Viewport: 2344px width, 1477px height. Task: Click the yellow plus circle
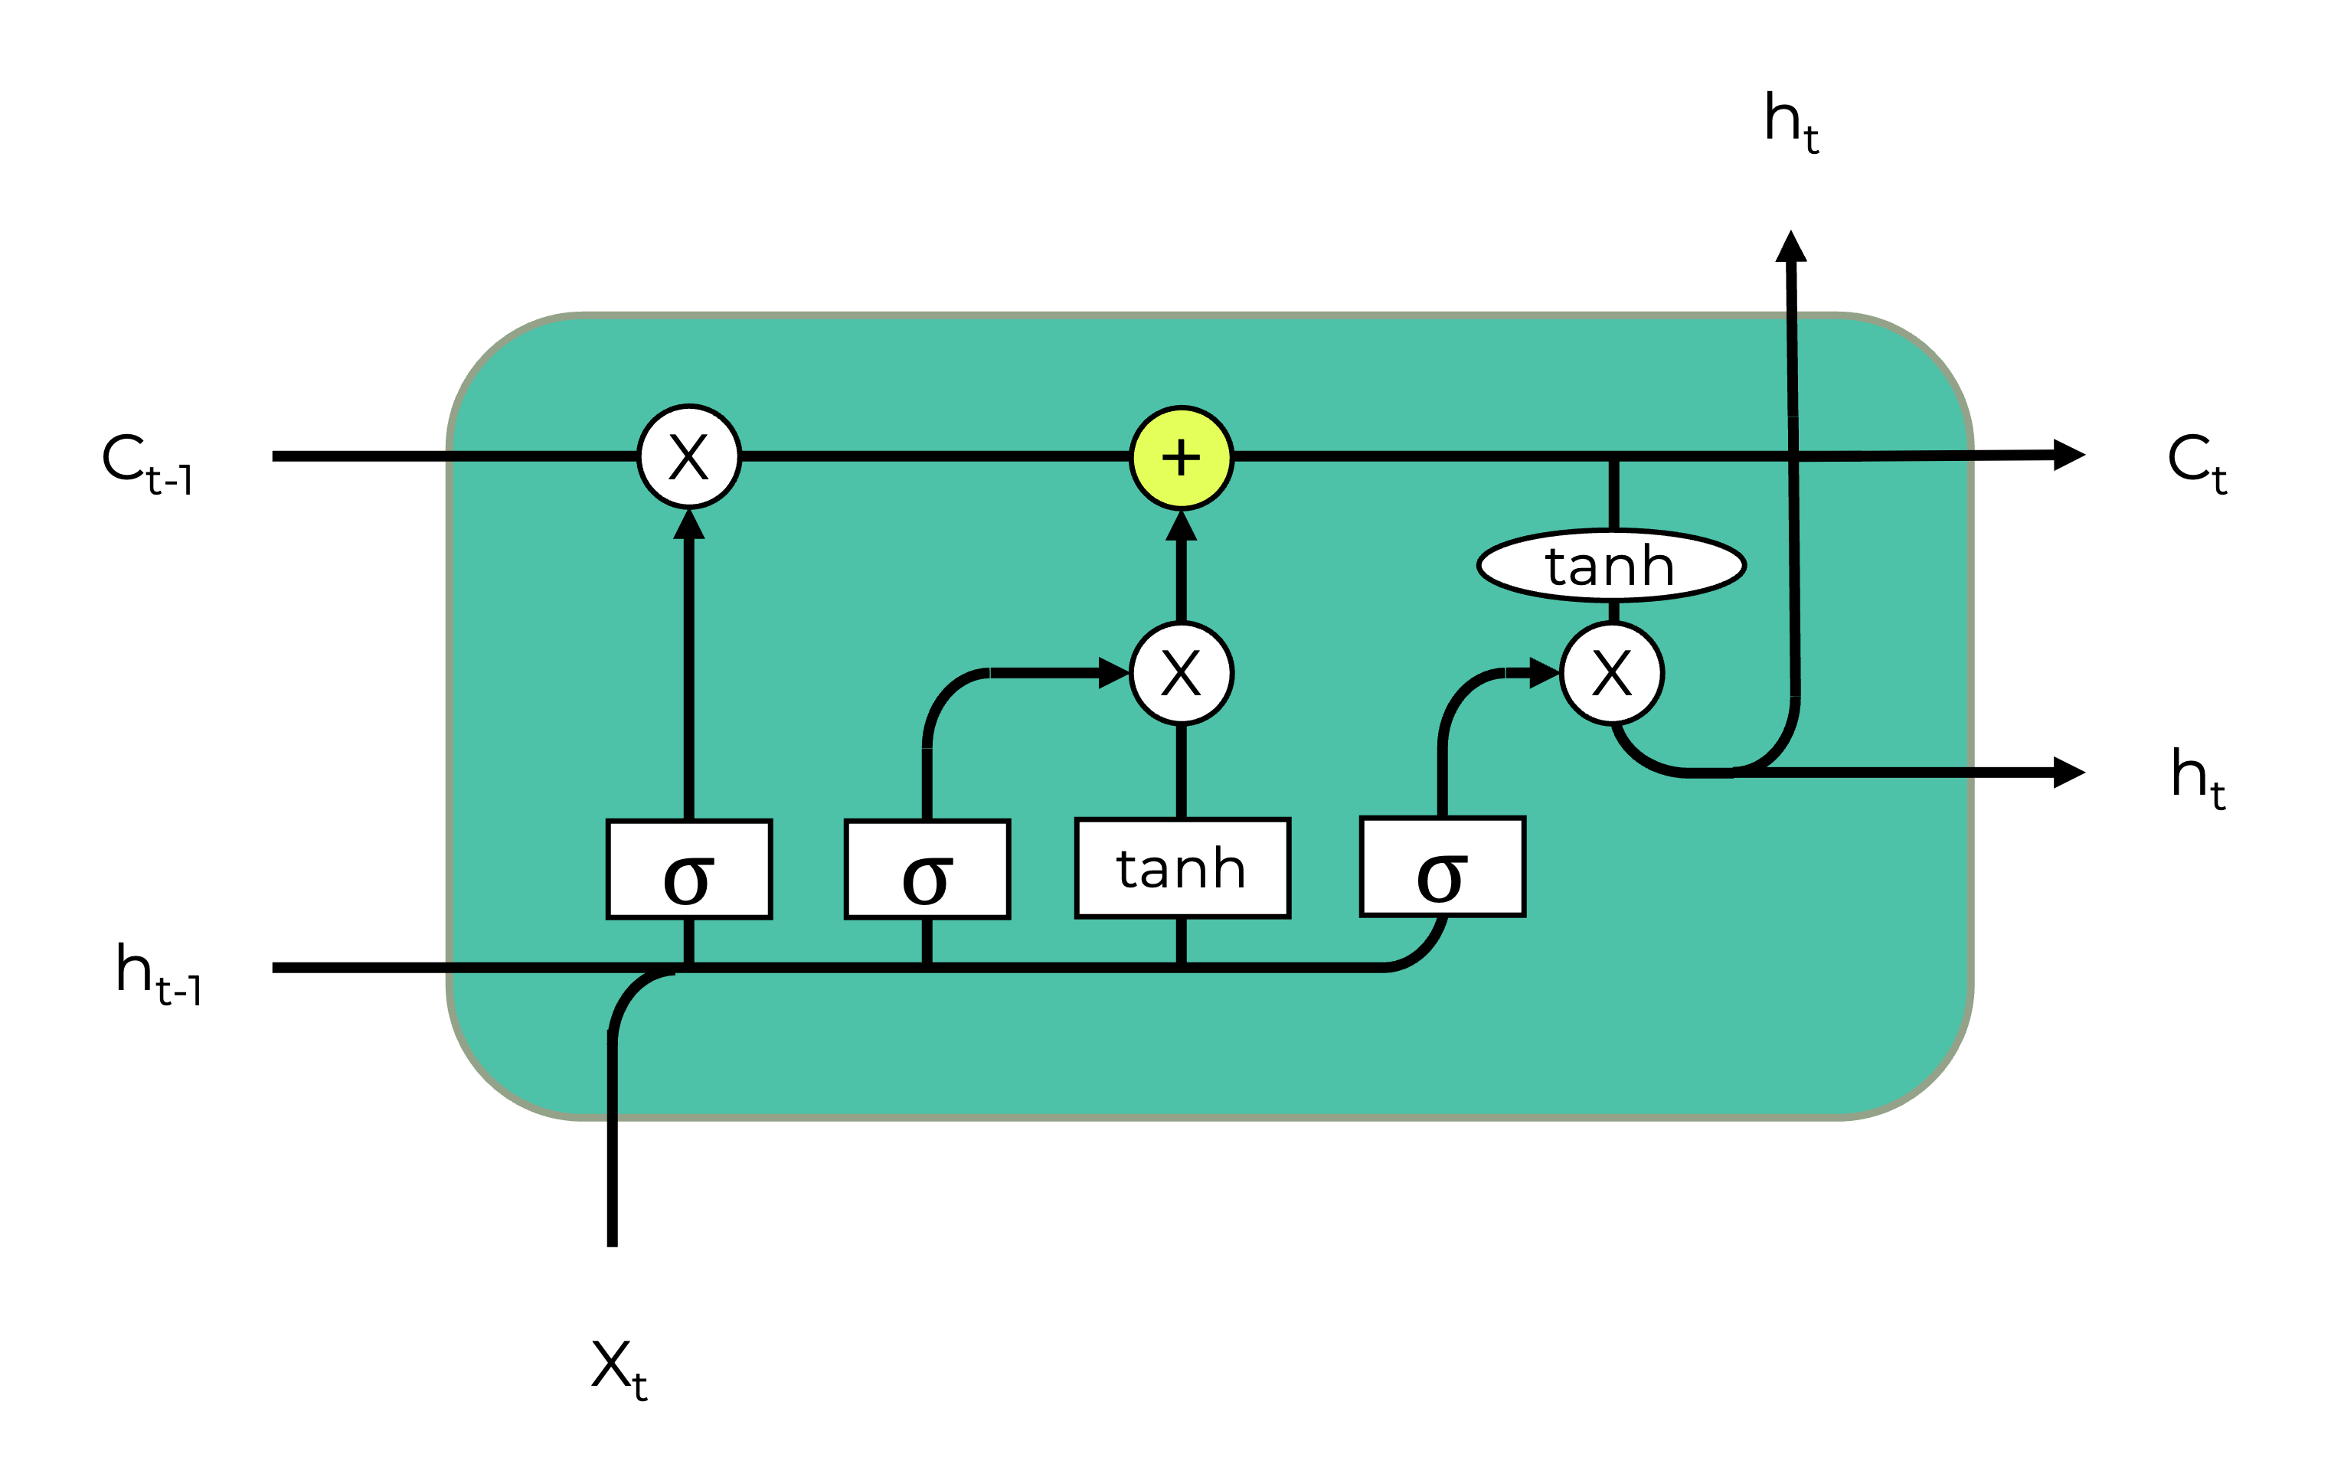point(1181,458)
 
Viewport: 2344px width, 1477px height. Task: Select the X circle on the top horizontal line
point(689,456)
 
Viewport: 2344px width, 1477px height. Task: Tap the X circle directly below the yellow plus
point(1181,673)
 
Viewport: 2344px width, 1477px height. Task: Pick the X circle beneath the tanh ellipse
point(1612,673)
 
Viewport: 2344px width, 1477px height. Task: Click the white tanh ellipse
point(1611,566)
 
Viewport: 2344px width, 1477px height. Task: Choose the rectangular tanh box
point(1182,868)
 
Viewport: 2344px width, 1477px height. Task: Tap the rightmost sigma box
point(1442,867)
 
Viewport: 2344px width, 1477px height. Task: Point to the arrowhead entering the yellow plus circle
point(1181,527)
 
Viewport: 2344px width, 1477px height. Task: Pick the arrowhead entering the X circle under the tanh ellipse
point(1544,673)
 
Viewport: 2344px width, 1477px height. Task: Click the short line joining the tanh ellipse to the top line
point(1613,495)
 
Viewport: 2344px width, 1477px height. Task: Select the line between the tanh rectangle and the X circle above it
point(1181,771)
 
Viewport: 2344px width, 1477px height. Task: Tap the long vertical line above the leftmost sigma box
point(689,681)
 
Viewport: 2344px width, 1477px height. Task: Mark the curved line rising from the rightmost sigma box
point(1450,711)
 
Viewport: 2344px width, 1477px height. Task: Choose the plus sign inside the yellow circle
point(1181,458)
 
